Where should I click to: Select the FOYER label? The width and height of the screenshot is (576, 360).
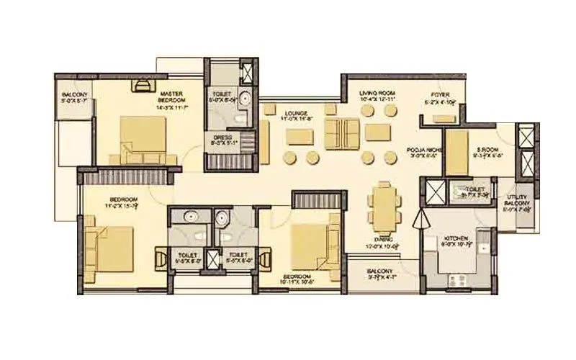point(441,94)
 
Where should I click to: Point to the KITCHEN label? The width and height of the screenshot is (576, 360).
point(456,238)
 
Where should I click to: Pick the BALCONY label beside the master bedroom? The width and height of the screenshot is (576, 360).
point(74,94)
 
